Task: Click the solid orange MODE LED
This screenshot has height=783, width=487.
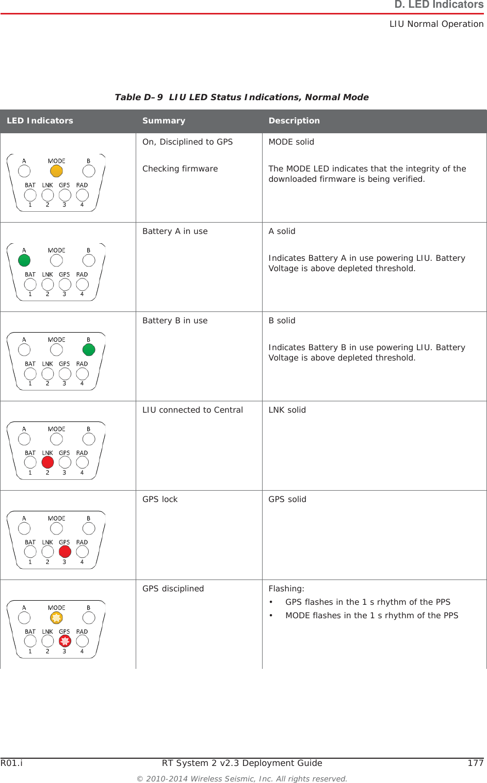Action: coord(56,171)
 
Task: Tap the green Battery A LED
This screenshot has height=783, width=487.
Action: coord(24,260)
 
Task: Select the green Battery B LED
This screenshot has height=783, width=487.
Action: coord(89,350)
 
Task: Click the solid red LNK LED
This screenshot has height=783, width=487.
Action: coord(47,462)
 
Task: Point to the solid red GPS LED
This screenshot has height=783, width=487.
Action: coord(65,552)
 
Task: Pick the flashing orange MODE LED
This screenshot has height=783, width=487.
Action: coord(56,618)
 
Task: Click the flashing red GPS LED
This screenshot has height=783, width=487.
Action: coord(65,641)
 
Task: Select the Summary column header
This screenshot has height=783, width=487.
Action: coord(164,121)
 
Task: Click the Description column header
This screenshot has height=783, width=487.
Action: coord(294,121)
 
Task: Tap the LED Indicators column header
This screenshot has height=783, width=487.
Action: coord(40,121)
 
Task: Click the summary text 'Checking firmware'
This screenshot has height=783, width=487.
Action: coord(180,169)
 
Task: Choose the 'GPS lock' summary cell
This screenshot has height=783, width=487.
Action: coord(160,499)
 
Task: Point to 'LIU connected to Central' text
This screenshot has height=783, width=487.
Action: coord(192,410)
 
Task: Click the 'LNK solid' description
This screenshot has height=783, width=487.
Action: coord(287,410)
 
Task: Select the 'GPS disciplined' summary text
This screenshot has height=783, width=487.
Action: coord(173,589)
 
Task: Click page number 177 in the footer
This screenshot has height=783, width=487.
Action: coord(475,763)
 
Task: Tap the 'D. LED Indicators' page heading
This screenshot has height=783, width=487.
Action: coord(439,5)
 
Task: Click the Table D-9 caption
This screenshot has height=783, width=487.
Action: coord(241,97)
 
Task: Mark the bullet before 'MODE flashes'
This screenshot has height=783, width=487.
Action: coord(271,616)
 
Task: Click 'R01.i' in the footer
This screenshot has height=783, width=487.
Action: coord(11,763)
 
